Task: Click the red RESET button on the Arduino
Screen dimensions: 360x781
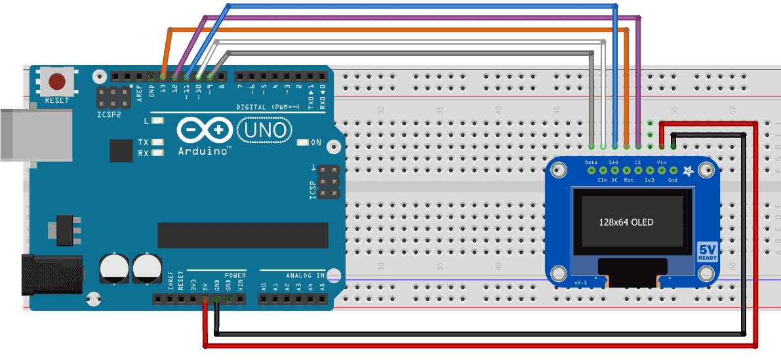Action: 58,82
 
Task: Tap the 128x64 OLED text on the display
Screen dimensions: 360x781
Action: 626,222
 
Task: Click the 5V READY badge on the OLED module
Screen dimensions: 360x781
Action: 707,252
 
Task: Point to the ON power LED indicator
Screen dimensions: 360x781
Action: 302,142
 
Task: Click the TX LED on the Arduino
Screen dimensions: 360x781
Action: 157,142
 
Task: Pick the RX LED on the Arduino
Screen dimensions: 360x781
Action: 157,153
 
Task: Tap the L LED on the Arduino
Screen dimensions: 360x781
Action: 157,121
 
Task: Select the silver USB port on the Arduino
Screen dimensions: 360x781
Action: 33,135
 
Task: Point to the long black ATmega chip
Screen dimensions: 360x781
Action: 243,235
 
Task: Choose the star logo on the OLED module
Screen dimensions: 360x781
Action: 688,172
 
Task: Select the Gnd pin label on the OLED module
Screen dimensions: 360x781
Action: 672,180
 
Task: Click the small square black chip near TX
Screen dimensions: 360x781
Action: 121,151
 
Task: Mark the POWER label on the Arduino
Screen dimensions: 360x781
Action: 235,275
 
